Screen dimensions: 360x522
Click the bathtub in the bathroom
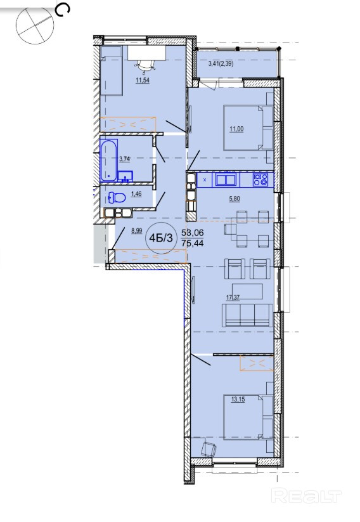coord(109,160)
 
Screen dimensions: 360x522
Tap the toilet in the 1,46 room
coord(117,198)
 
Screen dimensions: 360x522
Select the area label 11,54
coord(142,80)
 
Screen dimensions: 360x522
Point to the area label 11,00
coord(236,129)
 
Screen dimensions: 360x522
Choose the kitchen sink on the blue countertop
coord(226,179)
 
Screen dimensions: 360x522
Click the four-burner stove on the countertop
coord(260,179)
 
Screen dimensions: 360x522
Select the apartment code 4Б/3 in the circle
coord(162,238)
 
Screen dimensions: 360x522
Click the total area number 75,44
coord(193,244)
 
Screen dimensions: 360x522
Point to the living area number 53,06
coord(193,233)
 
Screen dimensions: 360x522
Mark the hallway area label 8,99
coord(136,230)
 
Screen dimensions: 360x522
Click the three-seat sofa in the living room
coord(247,315)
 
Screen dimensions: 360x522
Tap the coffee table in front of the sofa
coord(248,291)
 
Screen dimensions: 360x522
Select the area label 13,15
coord(238,399)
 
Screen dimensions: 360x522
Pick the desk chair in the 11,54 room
coord(145,65)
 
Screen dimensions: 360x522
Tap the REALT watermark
coord(306,497)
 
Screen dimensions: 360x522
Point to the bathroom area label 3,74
coord(124,159)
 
